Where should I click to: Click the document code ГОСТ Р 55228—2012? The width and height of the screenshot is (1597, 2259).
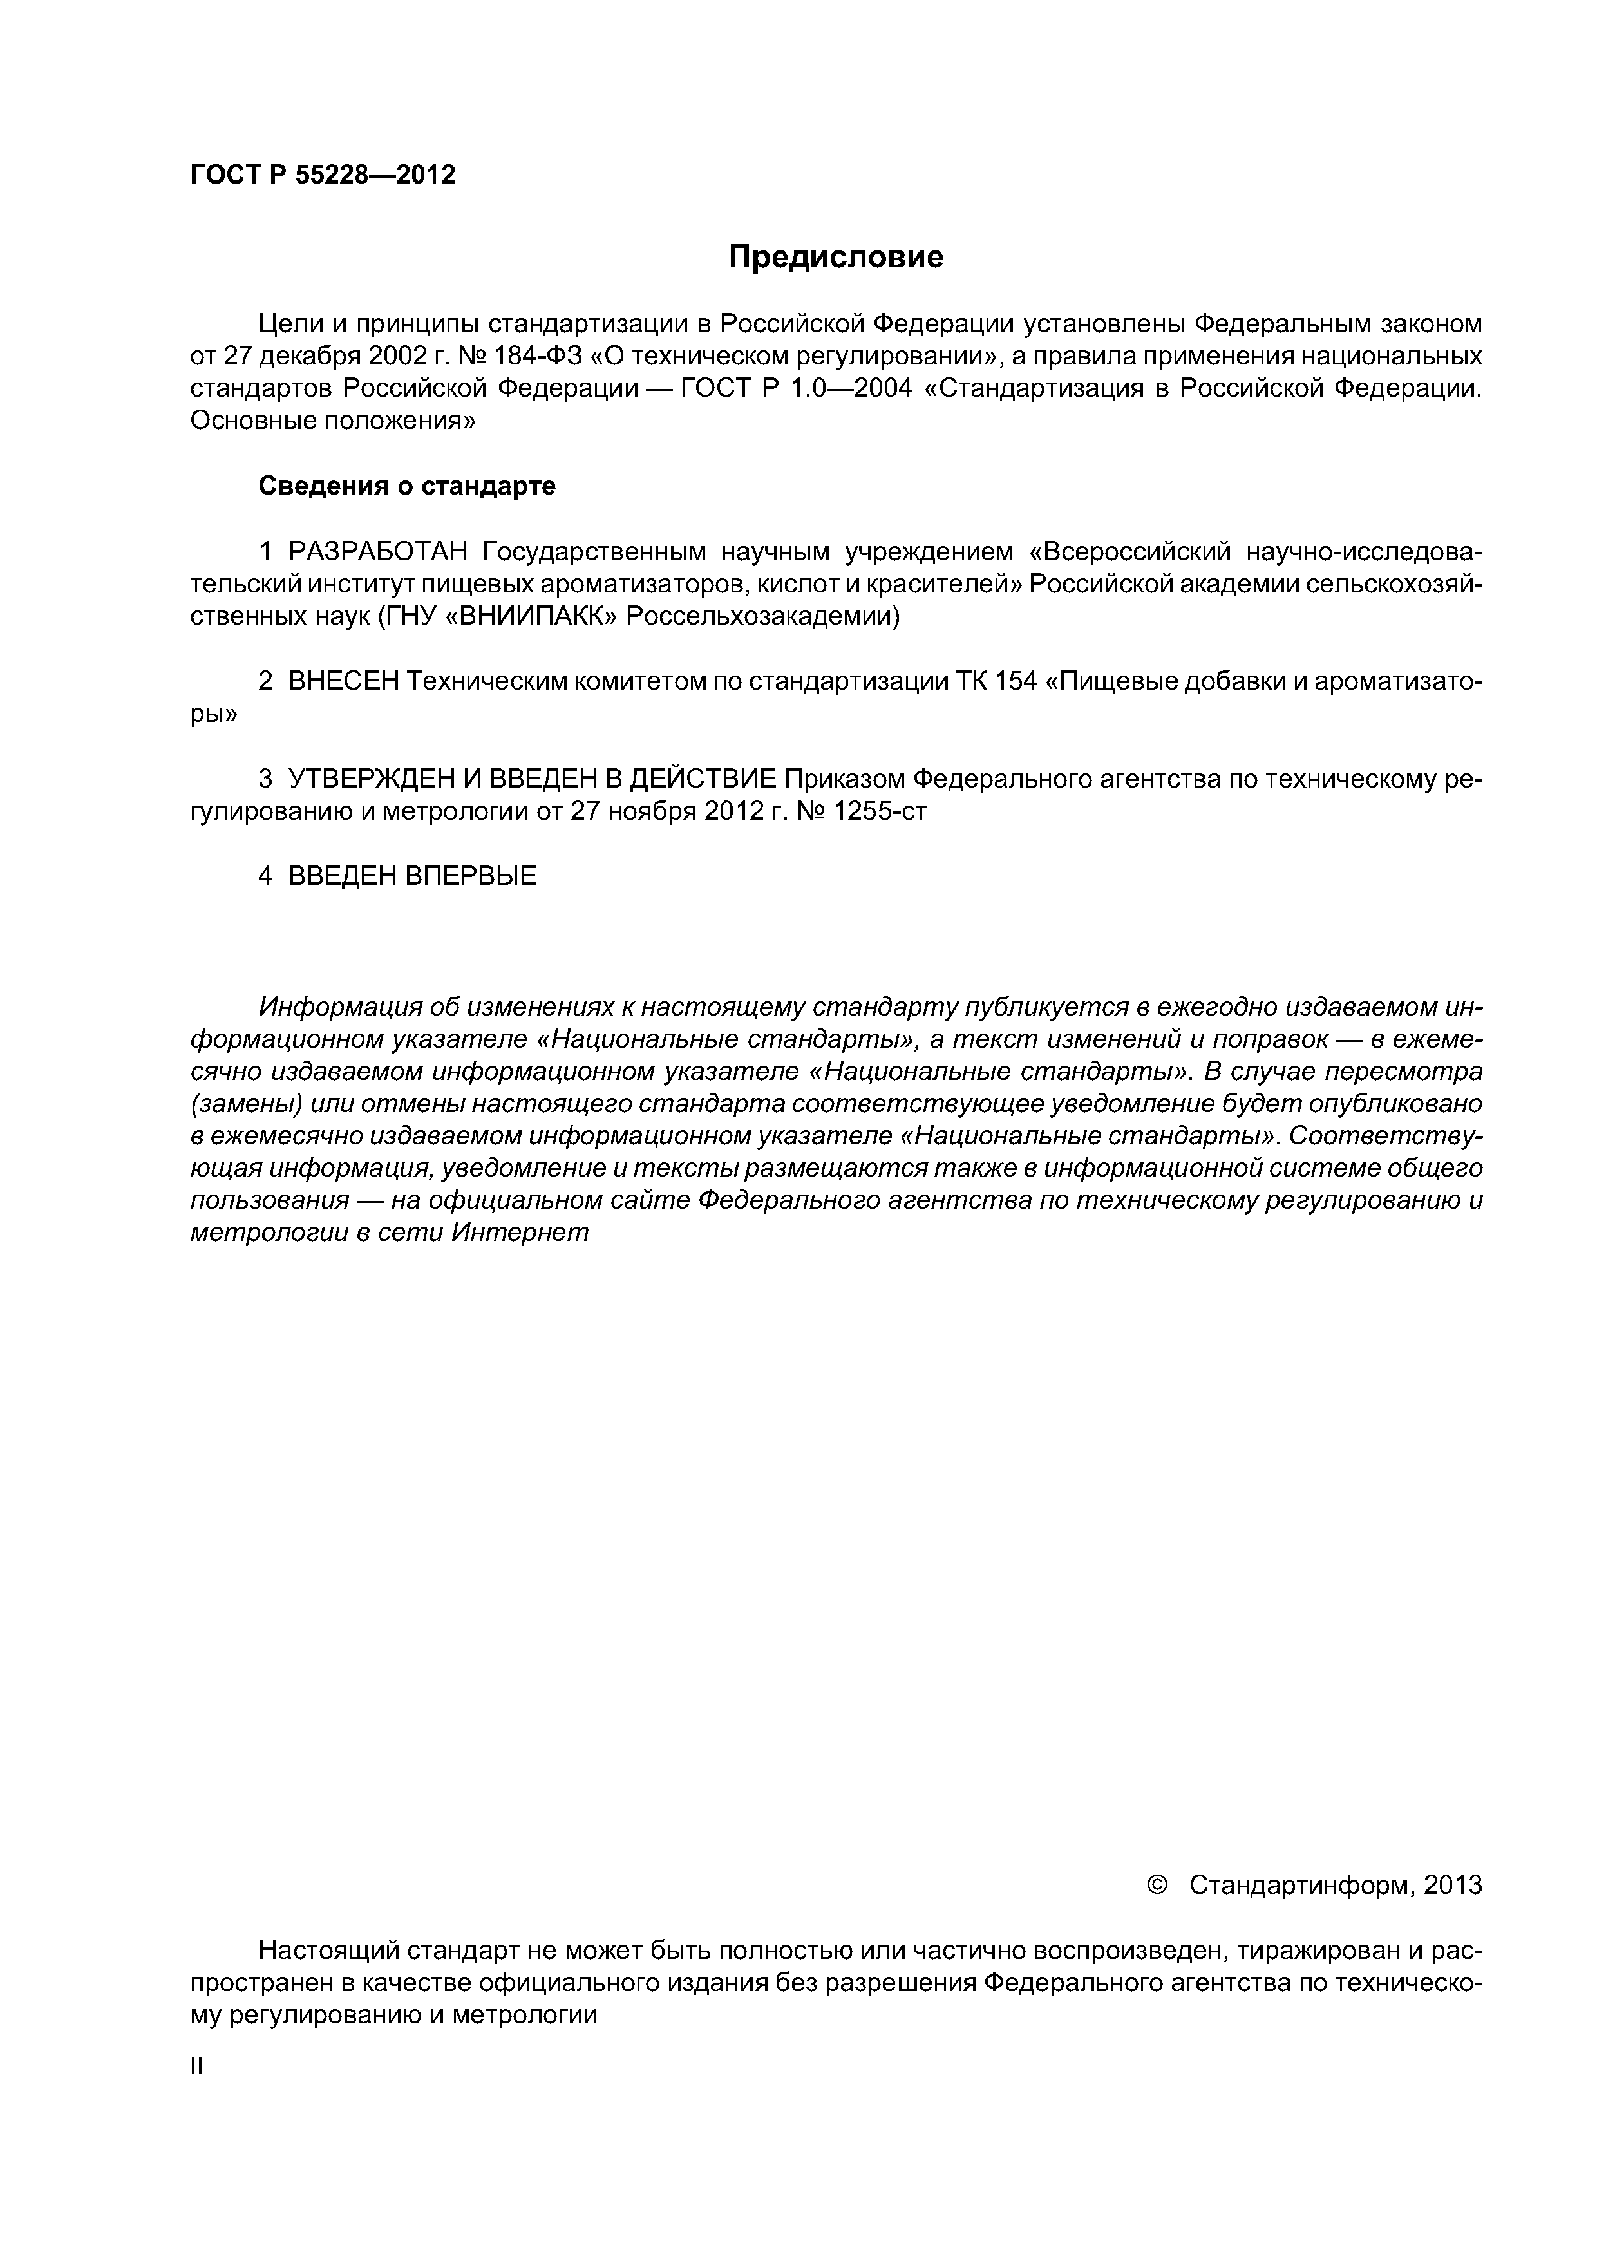point(323,175)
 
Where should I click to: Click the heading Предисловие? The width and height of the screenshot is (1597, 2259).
point(835,257)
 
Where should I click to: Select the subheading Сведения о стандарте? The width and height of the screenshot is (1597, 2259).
point(406,486)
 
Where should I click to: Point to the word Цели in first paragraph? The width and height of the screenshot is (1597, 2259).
point(287,324)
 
